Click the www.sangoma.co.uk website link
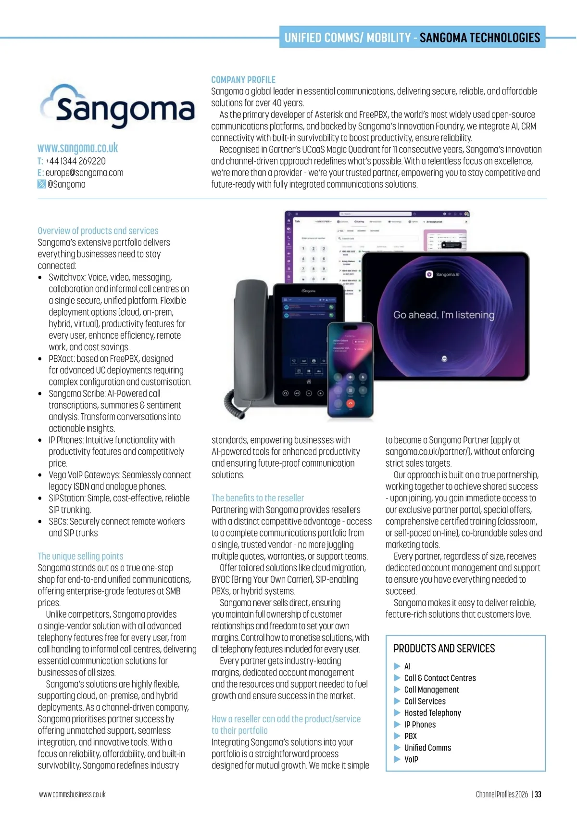(x=78, y=148)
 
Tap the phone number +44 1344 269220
(x=75, y=161)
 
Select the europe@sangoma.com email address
(x=84, y=173)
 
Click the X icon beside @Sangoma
(x=42, y=184)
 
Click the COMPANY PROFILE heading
(x=243, y=80)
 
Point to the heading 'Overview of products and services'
(x=98, y=231)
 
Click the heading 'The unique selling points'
(x=81, y=556)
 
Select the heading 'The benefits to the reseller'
(x=258, y=498)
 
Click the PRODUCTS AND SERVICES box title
(x=444, y=649)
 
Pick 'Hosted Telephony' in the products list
(x=432, y=713)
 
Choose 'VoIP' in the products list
(x=411, y=759)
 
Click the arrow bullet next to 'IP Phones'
(x=397, y=725)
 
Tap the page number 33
(x=538, y=794)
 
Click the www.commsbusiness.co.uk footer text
(x=72, y=794)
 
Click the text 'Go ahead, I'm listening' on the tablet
(x=443, y=315)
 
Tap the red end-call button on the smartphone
(x=350, y=403)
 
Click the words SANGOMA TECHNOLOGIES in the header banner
(x=480, y=38)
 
